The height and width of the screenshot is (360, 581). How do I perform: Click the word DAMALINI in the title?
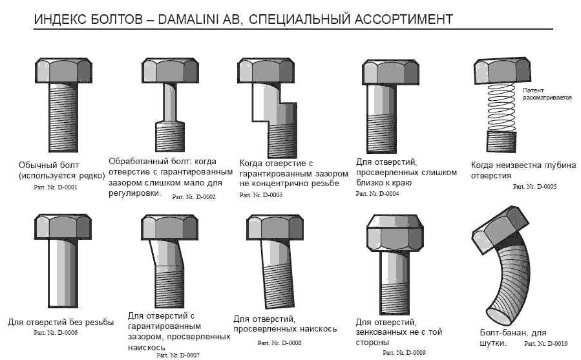click(x=189, y=19)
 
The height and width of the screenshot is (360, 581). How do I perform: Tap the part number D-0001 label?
click(x=56, y=187)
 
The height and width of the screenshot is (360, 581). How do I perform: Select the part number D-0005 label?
click(x=534, y=187)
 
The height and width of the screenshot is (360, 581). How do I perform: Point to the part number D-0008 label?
click(x=279, y=343)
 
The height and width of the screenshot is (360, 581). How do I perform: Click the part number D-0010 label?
click(x=546, y=344)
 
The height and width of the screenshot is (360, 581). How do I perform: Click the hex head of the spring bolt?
click(x=502, y=70)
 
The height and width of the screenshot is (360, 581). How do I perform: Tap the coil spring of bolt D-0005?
click(x=502, y=107)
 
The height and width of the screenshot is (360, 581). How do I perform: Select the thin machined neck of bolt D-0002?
click(x=170, y=102)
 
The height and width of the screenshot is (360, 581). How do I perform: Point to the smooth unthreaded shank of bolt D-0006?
click(x=63, y=273)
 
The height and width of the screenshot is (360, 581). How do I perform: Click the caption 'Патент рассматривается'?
click(x=547, y=94)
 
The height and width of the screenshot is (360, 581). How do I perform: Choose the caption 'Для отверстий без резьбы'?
click(x=61, y=323)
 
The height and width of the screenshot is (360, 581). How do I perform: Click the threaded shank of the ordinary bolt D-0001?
click(x=63, y=118)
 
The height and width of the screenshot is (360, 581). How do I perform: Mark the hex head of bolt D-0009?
click(x=395, y=233)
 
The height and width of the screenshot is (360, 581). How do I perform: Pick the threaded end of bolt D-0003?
click(x=282, y=141)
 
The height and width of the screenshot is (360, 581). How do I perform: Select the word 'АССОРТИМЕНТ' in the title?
click(x=403, y=19)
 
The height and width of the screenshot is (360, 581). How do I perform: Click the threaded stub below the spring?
click(x=502, y=142)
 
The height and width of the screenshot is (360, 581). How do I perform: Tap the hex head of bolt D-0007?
click(x=170, y=227)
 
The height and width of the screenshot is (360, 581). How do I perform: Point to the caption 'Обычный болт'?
click(x=49, y=165)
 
